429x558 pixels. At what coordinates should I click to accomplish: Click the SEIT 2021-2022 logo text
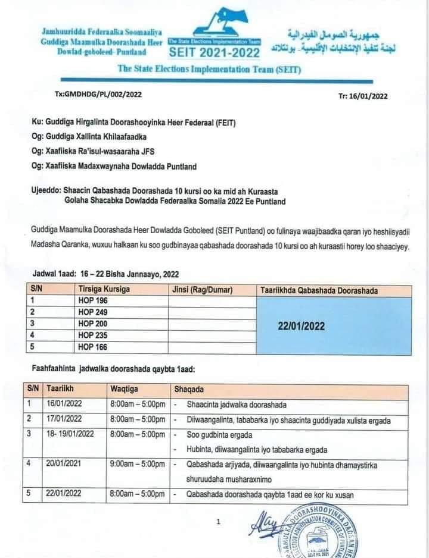(x=214, y=53)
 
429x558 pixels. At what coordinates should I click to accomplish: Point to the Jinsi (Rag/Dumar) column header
(x=203, y=290)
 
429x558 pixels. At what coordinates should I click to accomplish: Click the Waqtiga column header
(x=125, y=389)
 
